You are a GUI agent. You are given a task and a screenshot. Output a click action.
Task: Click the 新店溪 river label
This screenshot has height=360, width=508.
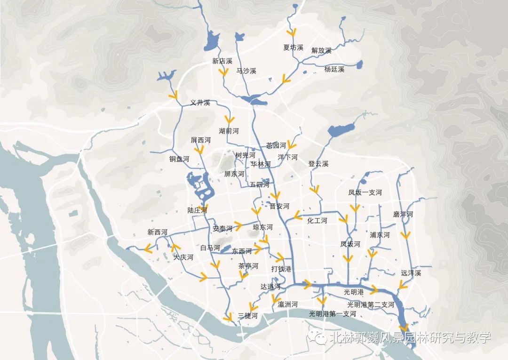pyautogui.click(x=222, y=61)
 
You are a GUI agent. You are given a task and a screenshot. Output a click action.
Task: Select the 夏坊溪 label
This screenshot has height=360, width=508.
pyautogui.click(x=293, y=48)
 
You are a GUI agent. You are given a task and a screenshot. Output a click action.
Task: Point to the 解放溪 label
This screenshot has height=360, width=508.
pyautogui.click(x=321, y=50)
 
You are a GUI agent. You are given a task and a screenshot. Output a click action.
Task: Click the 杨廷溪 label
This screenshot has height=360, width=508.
pyautogui.click(x=334, y=69)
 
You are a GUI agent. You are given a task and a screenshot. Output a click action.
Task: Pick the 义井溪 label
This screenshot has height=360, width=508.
pyautogui.click(x=200, y=103)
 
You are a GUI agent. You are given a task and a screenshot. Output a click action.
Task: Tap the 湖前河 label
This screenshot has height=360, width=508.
pyautogui.click(x=229, y=131)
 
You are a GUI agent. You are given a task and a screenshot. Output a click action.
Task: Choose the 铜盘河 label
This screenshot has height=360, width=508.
pyautogui.click(x=179, y=159)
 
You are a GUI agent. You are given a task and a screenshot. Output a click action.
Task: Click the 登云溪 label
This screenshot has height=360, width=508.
pyautogui.click(x=318, y=164)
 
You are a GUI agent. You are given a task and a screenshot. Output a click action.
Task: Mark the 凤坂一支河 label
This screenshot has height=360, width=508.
pyautogui.click(x=365, y=192)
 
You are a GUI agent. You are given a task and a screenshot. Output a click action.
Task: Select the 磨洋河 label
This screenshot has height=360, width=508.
pyautogui.click(x=403, y=215)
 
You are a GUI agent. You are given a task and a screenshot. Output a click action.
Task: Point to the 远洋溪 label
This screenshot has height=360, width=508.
pyautogui.click(x=411, y=273)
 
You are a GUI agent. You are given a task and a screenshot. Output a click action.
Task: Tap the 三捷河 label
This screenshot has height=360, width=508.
pyautogui.click(x=248, y=315)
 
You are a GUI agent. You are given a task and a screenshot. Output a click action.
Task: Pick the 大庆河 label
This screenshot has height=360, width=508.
pyautogui.click(x=183, y=257)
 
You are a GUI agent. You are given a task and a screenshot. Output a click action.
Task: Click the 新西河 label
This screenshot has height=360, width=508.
pyautogui.click(x=157, y=232)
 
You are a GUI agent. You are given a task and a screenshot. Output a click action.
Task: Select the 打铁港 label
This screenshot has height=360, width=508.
pyautogui.click(x=281, y=269)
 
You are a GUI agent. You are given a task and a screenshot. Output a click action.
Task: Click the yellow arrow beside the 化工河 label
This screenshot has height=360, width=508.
pyautogui.click(x=297, y=216)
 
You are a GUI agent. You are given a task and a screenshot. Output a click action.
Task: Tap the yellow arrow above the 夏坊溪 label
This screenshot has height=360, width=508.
pyautogui.click(x=293, y=32)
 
